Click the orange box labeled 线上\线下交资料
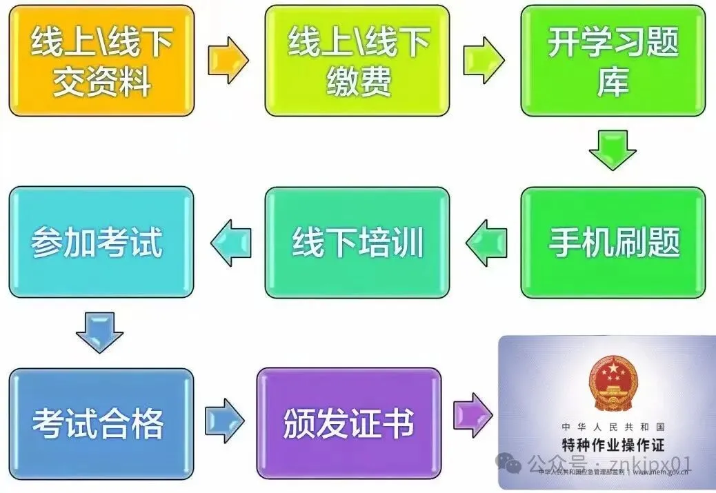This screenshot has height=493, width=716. [101, 60]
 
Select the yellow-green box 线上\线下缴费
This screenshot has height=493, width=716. [357, 60]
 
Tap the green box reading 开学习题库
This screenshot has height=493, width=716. [613, 60]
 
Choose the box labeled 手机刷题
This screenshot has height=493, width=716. [613, 242]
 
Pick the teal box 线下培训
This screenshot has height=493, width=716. [357, 242]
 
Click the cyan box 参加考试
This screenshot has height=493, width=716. [101, 242]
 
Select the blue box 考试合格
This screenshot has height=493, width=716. [101, 423]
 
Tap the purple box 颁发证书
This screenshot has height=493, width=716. [348, 423]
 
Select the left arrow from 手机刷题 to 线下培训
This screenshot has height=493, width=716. [486, 243]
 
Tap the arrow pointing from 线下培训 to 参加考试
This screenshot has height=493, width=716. [230, 243]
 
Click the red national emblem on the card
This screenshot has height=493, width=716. [613, 382]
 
